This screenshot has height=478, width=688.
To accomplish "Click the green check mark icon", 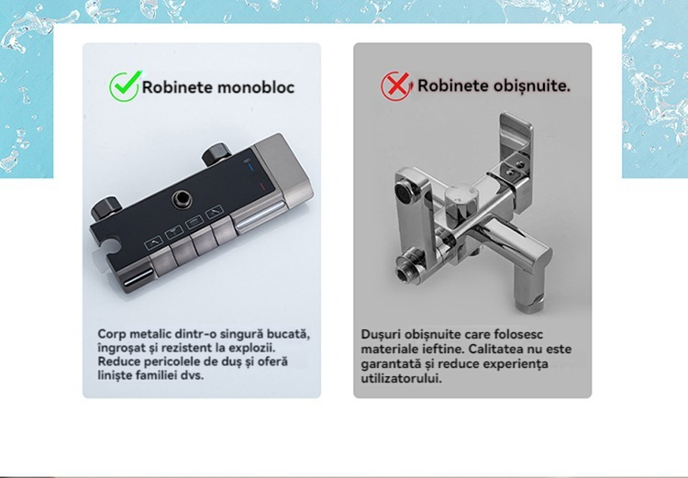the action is click(126, 86).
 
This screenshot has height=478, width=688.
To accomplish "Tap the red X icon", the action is click(396, 85).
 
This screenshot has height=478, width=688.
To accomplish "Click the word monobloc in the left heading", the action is click(256, 87).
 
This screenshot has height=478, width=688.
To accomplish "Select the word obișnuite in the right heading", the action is click(531, 85).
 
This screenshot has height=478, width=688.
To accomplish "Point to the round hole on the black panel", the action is click(182, 199).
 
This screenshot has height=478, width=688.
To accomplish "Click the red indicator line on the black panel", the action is click(261, 186).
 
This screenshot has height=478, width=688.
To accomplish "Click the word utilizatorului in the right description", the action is click(402, 378).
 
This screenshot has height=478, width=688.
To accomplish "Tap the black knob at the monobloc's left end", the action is click(105, 208).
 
